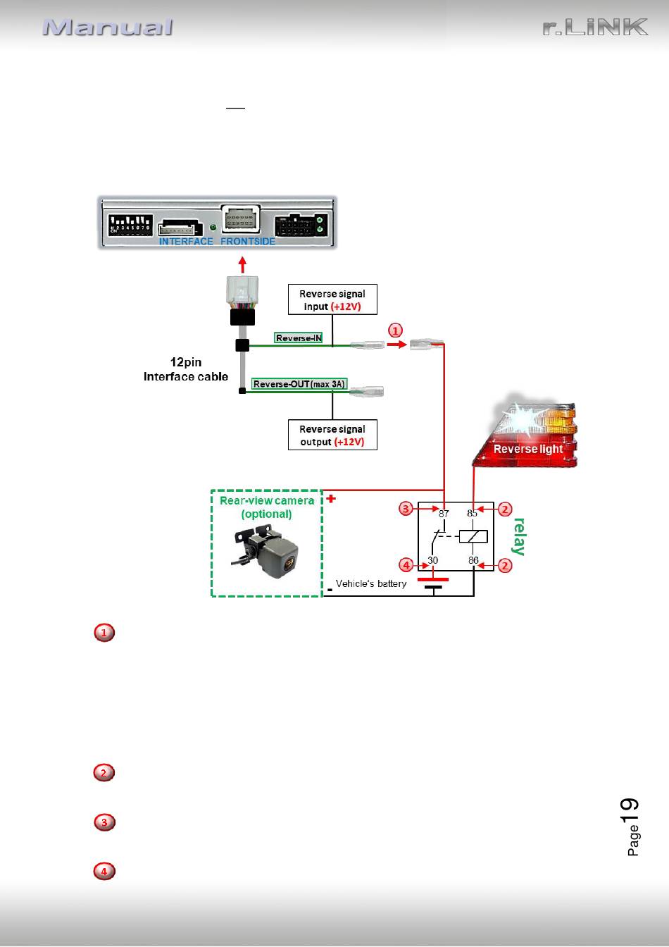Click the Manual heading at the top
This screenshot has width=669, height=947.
pos(108,27)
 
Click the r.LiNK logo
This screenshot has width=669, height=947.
pos(595,27)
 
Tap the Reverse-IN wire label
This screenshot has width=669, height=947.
pos(299,338)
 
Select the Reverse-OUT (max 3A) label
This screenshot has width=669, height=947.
pos(299,384)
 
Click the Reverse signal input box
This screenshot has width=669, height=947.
pos(332,299)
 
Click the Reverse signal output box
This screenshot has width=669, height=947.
pos(332,435)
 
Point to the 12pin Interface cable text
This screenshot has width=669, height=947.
pos(186,369)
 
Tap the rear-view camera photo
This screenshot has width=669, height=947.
pos(265,550)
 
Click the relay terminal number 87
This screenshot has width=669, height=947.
pos(444,514)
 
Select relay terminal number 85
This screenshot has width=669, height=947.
pos(472,513)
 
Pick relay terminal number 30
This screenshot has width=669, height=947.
pos(433,560)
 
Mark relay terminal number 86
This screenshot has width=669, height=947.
pos(473,560)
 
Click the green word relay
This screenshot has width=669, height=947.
pos(518,536)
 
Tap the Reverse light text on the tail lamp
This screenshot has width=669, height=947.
pos(528,449)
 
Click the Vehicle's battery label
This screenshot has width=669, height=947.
pos(371,584)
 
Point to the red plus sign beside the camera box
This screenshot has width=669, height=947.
pos(331,499)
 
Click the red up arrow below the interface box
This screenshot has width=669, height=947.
pos(242,265)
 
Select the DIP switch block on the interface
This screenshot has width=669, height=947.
pos(130,225)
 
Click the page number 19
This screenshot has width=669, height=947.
pos(630,811)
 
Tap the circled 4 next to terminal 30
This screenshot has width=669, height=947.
pos(406,565)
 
